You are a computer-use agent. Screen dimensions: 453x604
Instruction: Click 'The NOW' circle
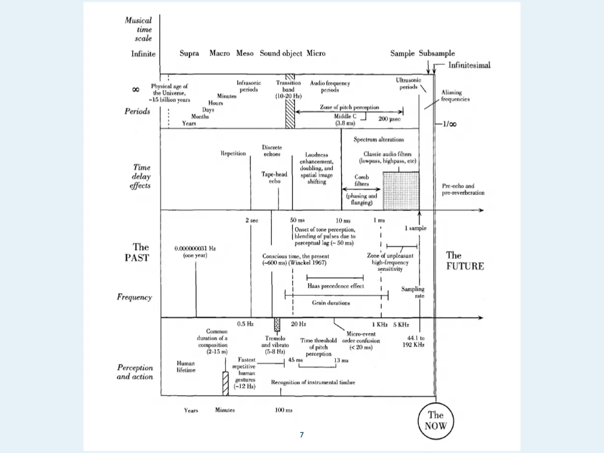click(435, 420)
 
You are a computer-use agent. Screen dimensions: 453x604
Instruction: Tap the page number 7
click(301, 435)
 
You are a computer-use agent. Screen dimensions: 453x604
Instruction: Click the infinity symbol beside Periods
click(135, 89)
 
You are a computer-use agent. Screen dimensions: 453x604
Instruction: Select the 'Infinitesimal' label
click(469, 65)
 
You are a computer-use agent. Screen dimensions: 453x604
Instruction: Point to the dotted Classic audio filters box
click(401, 191)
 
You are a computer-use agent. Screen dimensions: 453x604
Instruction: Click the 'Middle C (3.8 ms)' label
click(345, 120)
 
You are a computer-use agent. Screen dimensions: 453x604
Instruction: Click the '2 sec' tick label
click(252, 220)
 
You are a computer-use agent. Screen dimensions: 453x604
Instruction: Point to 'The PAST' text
click(140, 252)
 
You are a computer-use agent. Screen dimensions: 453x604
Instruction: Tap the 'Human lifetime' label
click(186, 367)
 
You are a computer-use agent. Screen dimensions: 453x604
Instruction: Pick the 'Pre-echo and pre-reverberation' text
click(463, 189)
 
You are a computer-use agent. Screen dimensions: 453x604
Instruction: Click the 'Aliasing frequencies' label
click(455, 96)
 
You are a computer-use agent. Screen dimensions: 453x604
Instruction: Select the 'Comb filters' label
click(362, 180)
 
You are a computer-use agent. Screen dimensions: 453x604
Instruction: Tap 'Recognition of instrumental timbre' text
click(313, 382)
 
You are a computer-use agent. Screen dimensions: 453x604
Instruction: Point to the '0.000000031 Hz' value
click(195, 248)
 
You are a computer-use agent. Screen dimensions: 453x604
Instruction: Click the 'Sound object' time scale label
click(281, 54)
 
